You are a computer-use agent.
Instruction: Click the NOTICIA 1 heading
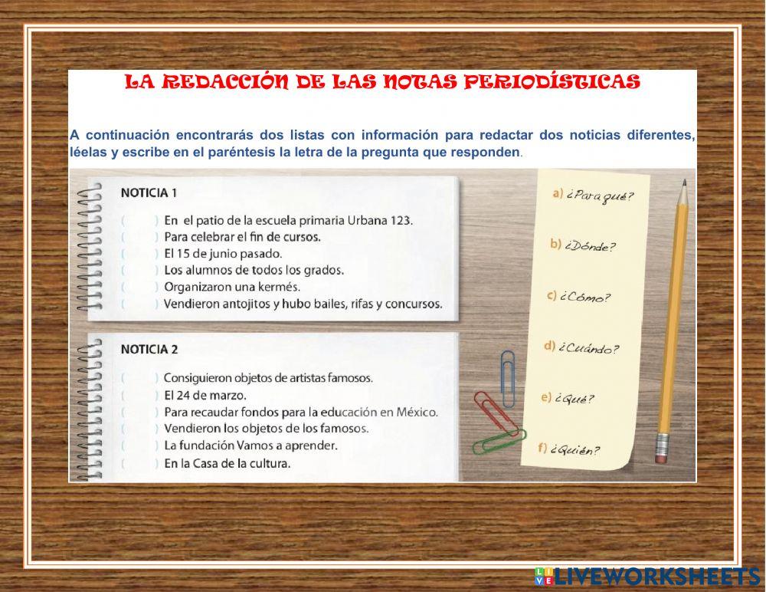click(149, 192)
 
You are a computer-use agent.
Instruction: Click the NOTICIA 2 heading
click(149, 349)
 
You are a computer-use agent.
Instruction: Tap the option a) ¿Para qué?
click(593, 196)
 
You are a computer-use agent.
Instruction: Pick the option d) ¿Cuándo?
click(581, 348)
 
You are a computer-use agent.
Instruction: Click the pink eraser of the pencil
click(662, 452)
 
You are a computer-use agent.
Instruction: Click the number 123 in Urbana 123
click(401, 220)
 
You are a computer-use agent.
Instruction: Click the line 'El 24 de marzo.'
click(205, 395)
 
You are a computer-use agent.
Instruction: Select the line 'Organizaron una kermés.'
click(232, 287)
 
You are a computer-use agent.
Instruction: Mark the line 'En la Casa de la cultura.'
click(227, 463)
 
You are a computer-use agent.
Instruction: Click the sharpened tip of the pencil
click(683, 184)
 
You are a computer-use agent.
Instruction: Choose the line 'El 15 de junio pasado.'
click(223, 253)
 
